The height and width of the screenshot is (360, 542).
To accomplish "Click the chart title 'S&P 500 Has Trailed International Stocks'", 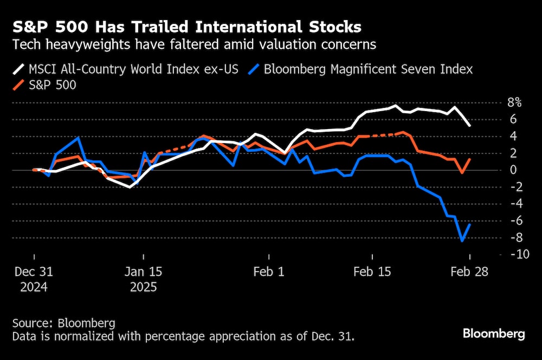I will click(187, 27).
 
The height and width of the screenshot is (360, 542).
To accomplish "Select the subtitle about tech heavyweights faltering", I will click(194, 45).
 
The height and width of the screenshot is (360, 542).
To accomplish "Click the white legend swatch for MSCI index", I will click(19, 69).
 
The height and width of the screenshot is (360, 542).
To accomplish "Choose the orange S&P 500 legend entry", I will click(52, 86).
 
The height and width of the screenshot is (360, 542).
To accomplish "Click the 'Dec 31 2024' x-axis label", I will click(34, 279).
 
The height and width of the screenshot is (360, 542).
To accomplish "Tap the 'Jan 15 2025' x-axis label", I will click(144, 279).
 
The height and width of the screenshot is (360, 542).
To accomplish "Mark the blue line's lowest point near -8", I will click(462, 241).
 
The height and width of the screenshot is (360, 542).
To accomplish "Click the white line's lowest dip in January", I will click(130, 187).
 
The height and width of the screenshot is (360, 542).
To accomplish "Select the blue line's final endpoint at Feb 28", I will click(469, 224).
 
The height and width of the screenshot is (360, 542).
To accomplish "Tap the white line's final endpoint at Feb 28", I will click(469, 126).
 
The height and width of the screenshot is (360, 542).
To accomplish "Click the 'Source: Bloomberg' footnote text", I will click(63, 324).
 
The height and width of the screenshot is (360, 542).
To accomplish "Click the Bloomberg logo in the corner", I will click(493, 333).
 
